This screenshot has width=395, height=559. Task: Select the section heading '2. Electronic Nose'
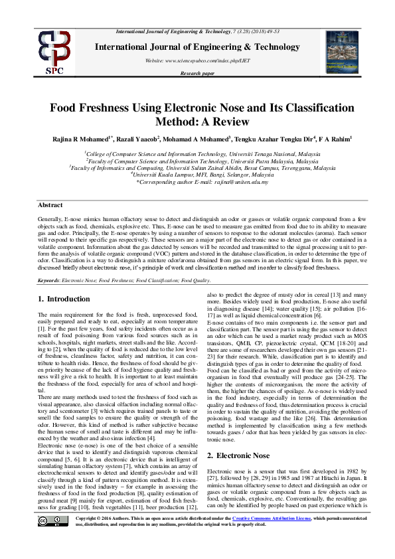[x=238, y=455]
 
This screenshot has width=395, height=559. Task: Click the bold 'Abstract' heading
[x=51, y=206]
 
